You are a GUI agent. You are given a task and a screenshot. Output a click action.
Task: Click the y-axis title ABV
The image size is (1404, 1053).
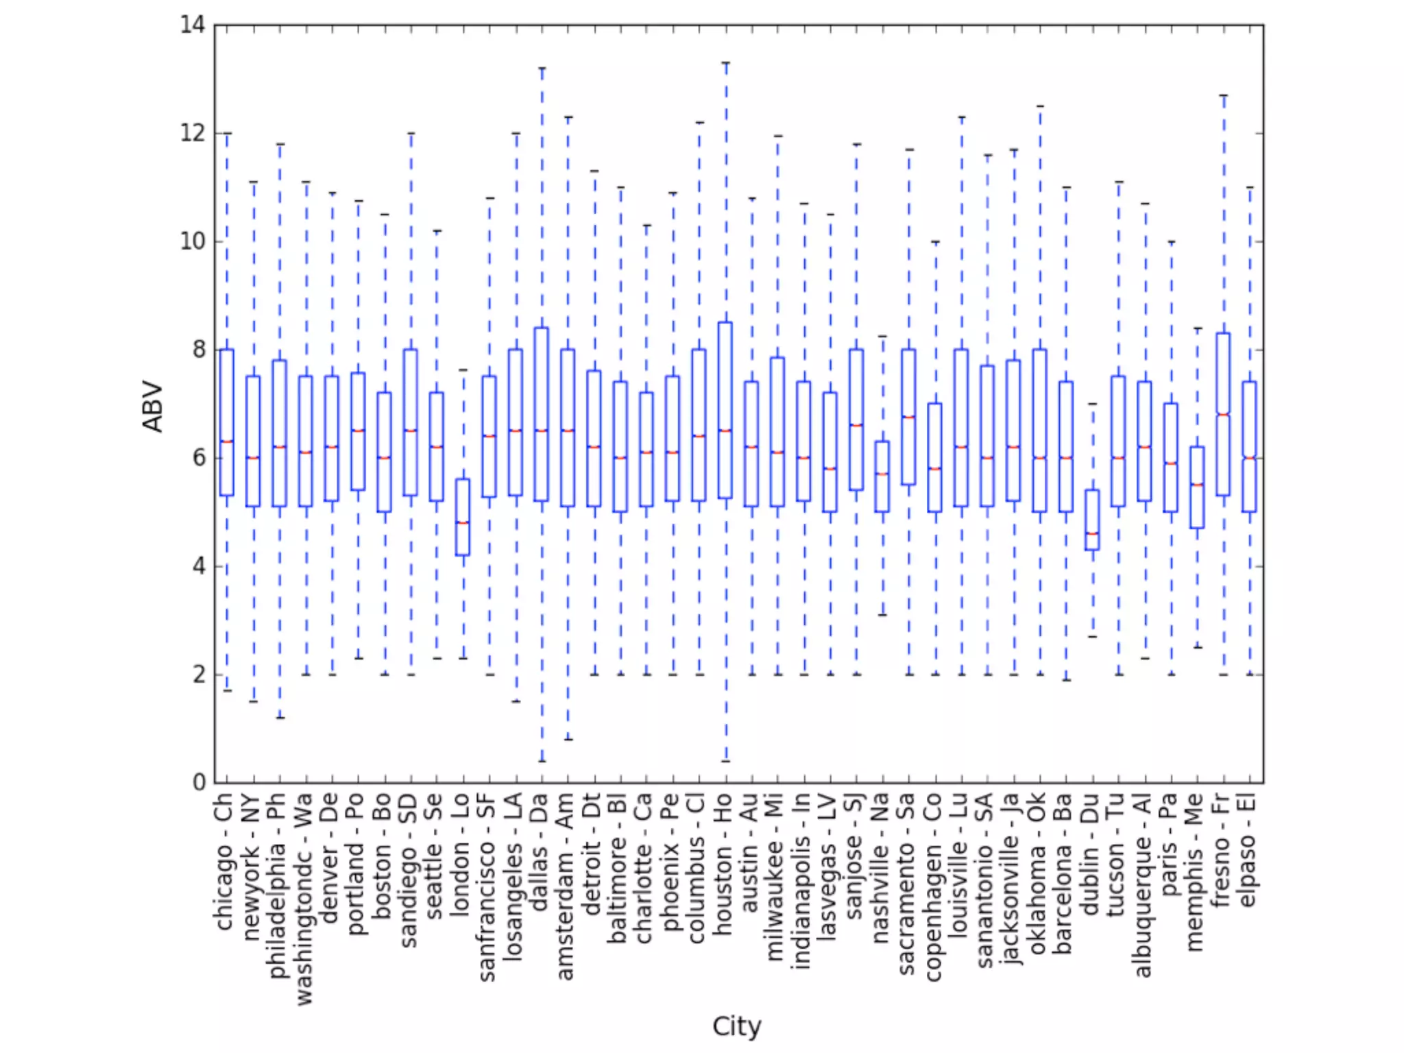pyautogui.click(x=153, y=407)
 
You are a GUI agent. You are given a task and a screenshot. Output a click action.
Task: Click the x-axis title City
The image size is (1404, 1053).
pyautogui.click(x=736, y=1026)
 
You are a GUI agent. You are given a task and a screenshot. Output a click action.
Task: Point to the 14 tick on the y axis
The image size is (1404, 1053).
pyautogui.click(x=193, y=25)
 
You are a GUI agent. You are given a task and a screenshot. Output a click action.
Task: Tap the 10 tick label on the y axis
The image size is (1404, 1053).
pyautogui.click(x=193, y=241)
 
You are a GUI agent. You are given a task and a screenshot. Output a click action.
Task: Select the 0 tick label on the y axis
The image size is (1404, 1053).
pyautogui.click(x=199, y=782)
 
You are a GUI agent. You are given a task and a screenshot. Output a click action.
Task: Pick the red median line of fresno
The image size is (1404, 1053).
pyautogui.click(x=1223, y=414)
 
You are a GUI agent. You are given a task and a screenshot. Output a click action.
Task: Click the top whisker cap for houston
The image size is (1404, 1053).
pyautogui.click(x=725, y=63)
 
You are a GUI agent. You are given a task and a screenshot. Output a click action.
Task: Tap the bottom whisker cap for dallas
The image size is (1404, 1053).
pyautogui.click(x=542, y=761)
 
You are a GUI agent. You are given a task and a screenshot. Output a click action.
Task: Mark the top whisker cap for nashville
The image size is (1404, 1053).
pyautogui.click(x=883, y=336)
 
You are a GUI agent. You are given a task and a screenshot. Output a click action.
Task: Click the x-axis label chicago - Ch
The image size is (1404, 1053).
pyautogui.click(x=224, y=862)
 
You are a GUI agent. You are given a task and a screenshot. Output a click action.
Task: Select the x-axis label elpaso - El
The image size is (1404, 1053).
pyautogui.click(x=1248, y=850)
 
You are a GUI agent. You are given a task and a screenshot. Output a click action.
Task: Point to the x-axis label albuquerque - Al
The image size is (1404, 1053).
pyautogui.click(x=1143, y=884)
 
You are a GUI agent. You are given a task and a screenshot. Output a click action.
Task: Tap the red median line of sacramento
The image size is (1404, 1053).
pyautogui.click(x=909, y=417)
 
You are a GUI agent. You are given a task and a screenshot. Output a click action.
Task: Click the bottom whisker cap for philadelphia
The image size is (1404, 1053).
pyautogui.click(x=280, y=718)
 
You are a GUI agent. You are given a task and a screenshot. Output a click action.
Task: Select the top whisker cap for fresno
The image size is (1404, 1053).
pyautogui.click(x=1223, y=95)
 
